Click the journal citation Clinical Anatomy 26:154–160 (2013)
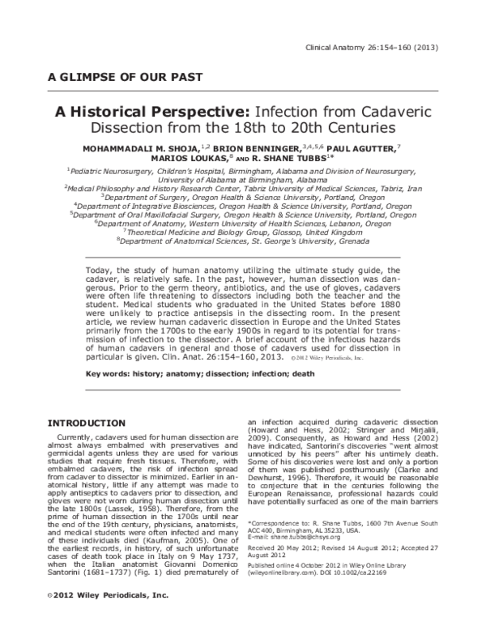(x=371, y=47)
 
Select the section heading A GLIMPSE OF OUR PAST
(x=125, y=79)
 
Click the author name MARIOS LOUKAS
(x=207, y=160)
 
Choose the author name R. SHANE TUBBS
(x=295, y=160)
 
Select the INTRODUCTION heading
(x=87, y=423)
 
